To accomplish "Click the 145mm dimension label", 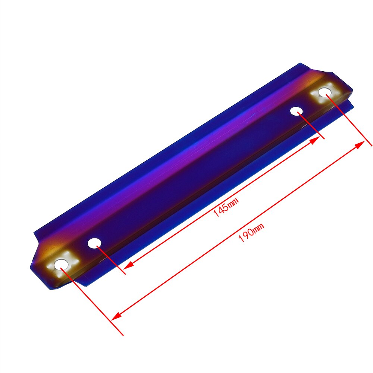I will point(226,208).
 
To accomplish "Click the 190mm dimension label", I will point(251,232).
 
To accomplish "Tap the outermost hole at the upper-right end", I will point(323,91).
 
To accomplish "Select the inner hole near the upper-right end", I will point(297,111).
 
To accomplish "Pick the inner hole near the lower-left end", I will point(94,243).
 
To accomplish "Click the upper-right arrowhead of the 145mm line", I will point(315,140).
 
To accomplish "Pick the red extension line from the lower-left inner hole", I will point(111,260).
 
